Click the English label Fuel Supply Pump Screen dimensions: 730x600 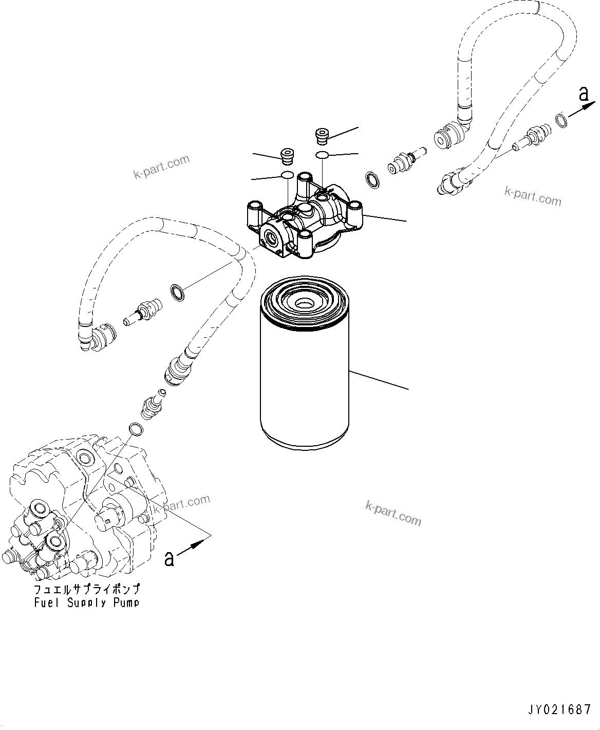[x=86, y=603]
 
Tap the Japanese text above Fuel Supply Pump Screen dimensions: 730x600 [x=86, y=589]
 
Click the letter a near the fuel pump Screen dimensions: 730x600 [x=168, y=558]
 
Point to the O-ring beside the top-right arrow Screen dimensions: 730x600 [x=562, y=121]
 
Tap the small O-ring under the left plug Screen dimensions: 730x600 [x=288, y=175]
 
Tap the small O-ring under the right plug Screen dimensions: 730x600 [x=322, y=155]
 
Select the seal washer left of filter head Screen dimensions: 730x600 [x=177, y=294]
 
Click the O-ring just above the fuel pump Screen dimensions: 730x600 [x=135, y=428]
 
